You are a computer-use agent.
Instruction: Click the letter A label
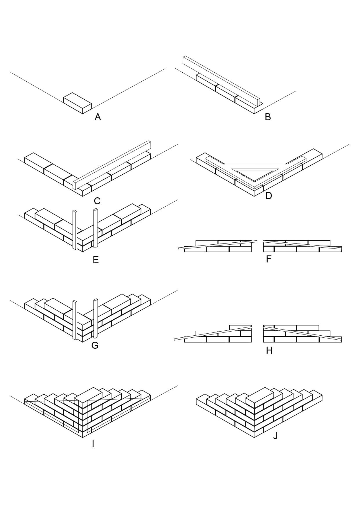[98, 117]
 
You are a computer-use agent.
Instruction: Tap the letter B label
[268, 117]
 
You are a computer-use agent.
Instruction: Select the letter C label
[97, 201]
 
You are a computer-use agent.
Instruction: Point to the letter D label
[269, 196]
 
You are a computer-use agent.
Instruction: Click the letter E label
[96, 260]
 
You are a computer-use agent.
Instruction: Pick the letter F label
[269, 259]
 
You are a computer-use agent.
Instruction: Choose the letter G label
[95, 345]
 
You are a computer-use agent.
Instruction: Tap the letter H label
[269, 350]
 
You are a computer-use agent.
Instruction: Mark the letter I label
[93, 443]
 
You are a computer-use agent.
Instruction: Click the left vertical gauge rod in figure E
[75, 230]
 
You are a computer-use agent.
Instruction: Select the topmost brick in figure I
[88, 396]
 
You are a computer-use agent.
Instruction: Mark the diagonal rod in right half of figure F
[302, 246]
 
